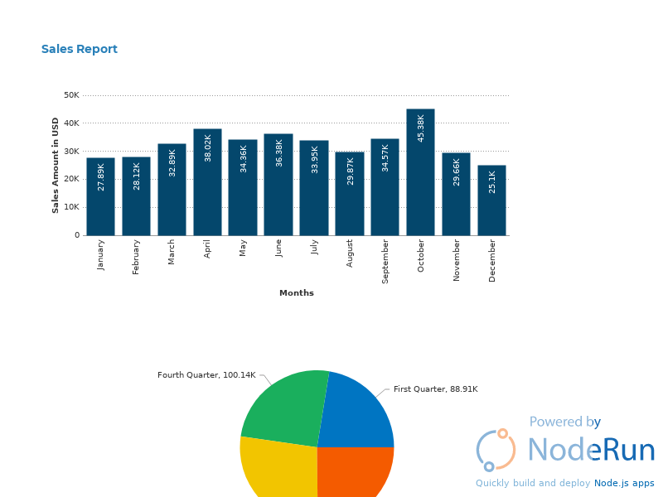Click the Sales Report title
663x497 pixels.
[x=80, y=50]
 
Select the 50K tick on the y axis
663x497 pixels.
[x=71, y=95]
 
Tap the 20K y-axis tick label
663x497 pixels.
[x=71, y=179]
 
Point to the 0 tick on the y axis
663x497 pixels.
[x=77, y=235]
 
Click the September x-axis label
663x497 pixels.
[x=385, y=261]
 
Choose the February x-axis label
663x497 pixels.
[x=137, y=257]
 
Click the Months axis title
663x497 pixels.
[x=297, y=293]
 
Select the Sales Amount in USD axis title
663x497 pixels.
[x=56, y=165]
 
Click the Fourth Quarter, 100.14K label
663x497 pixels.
[x=206, y=375]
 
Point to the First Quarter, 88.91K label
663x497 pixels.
[x=435, y=389]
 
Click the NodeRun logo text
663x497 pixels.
[x=591, y=450]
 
